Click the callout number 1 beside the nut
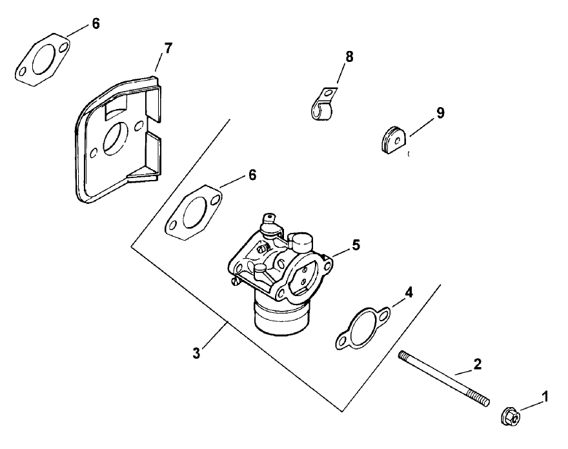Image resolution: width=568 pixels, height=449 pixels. pos(545,398)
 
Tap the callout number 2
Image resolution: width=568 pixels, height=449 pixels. pos(478,364)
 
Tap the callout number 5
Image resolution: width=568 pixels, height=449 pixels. pos(356,245)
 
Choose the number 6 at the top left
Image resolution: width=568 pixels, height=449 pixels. pos(96,24)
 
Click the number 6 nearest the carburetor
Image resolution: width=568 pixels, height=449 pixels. pos(252,175)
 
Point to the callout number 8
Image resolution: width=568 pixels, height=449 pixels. pos(349,57)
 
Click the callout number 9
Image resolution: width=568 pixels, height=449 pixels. pos(440,113)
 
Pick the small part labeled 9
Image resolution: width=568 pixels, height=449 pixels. pos(391,141)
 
